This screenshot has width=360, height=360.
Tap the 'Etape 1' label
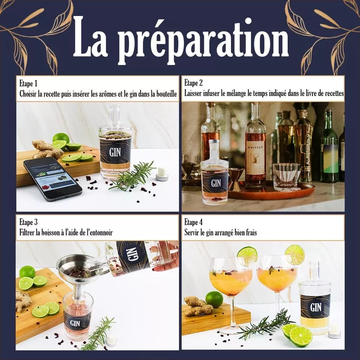28,84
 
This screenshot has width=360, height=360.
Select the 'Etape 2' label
193,83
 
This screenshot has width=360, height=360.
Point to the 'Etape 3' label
29,222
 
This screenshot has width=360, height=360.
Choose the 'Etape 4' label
193,222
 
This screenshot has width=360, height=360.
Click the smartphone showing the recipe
52,179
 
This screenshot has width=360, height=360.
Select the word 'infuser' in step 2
211,93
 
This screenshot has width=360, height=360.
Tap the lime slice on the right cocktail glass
295,254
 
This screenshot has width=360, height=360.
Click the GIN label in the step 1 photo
115,152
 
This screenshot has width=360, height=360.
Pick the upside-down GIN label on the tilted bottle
130,257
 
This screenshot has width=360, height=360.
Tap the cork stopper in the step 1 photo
162,174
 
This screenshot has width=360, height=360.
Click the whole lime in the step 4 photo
214,299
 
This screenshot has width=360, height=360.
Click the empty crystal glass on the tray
286,177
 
